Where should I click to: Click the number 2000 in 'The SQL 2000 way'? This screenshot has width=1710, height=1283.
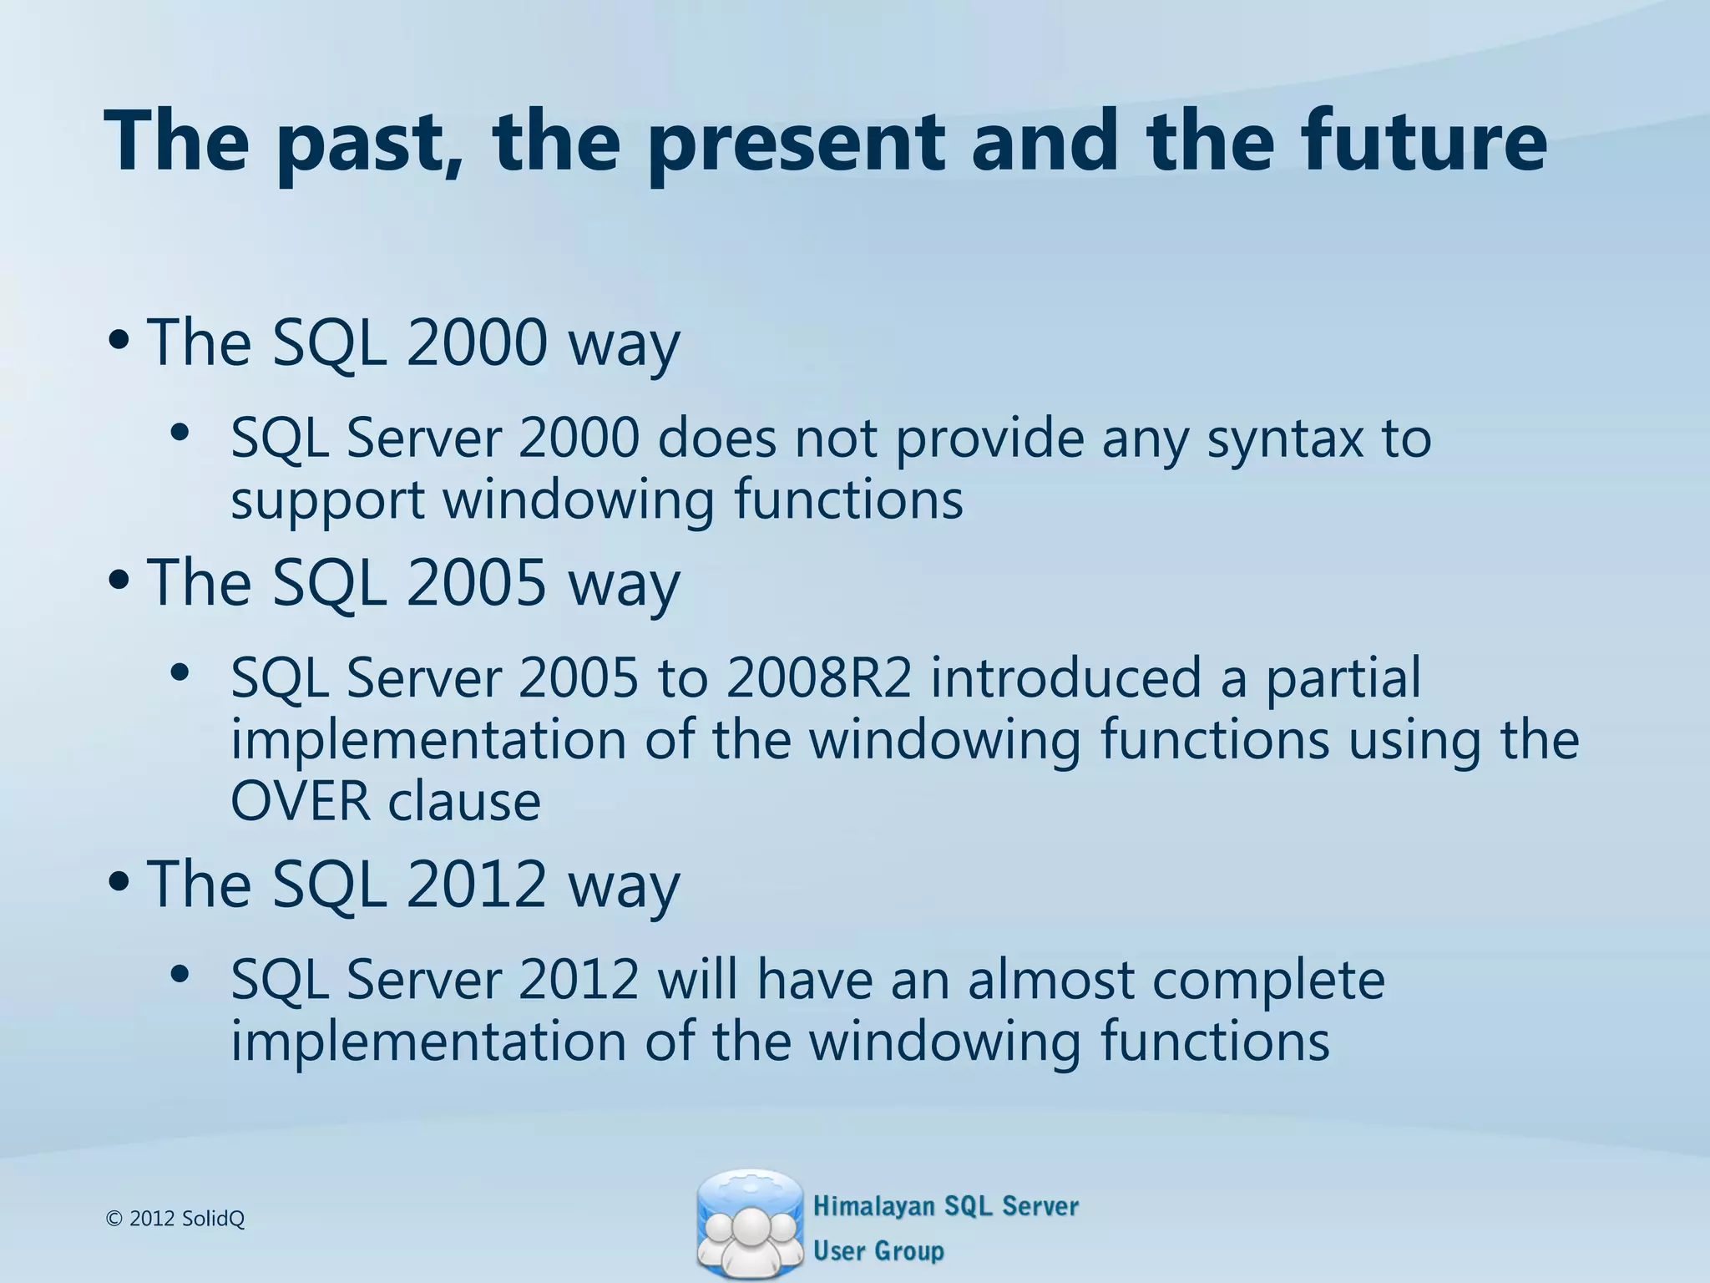click(476, 342)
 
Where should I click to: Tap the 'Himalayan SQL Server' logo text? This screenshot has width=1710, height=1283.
click(945, 1206)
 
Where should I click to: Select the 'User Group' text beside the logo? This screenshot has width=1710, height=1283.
click(878, 1250)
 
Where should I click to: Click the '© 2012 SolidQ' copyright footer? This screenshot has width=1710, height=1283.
click(175, 1219)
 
